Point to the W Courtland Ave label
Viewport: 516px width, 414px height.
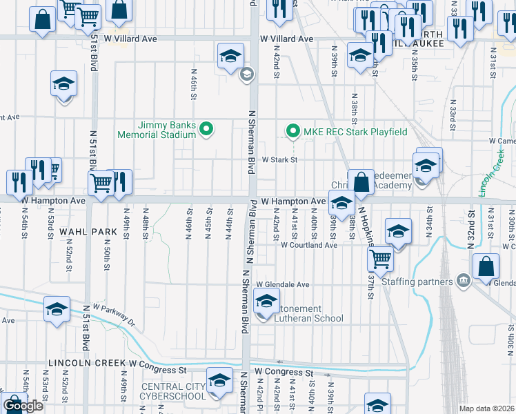point(309,245)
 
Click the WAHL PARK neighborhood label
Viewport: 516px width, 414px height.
point(81,232)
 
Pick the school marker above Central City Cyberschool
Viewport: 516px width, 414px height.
point(220,382)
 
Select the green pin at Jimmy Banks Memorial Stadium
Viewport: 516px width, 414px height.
point(205,129)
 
